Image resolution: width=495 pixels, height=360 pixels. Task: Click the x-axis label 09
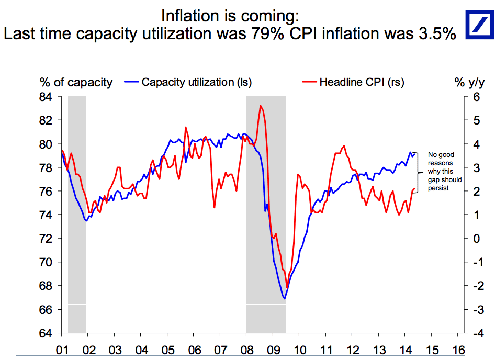tap(273, 349)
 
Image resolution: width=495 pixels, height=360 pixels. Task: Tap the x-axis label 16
tap(458, 349)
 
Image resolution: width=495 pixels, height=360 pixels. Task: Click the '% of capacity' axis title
tap(76, 82)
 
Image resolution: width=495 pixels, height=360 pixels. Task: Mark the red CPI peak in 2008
tap(260, 106)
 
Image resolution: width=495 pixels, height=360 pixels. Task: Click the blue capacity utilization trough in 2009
tap(285, 299)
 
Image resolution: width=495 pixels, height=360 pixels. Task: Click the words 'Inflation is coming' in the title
tap(231, 15)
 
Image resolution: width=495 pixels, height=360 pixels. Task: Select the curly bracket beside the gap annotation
tap(417, 171)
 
